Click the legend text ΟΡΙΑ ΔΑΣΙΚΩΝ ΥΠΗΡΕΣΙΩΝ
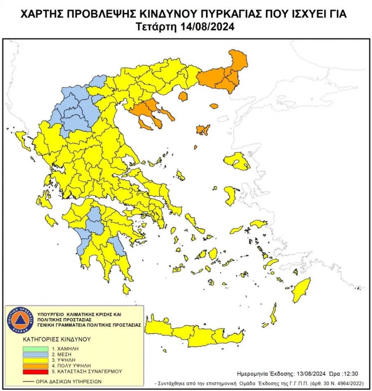point(67,382)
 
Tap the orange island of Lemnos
point(203,130)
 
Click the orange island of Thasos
point(183,96)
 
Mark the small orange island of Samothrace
point(214,106)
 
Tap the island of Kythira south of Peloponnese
point(126,289)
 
